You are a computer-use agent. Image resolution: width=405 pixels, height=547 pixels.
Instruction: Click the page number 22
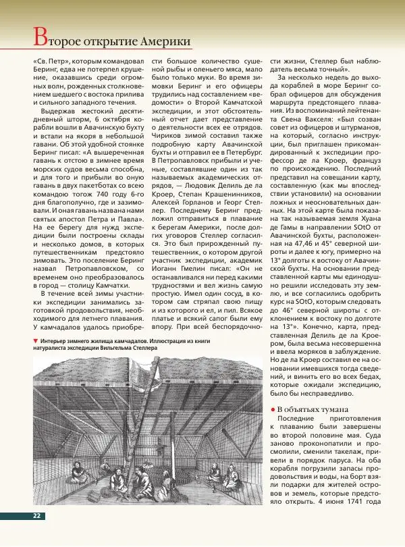tap(37, 516)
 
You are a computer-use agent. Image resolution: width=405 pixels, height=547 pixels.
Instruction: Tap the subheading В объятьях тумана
tap(313, 409)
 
